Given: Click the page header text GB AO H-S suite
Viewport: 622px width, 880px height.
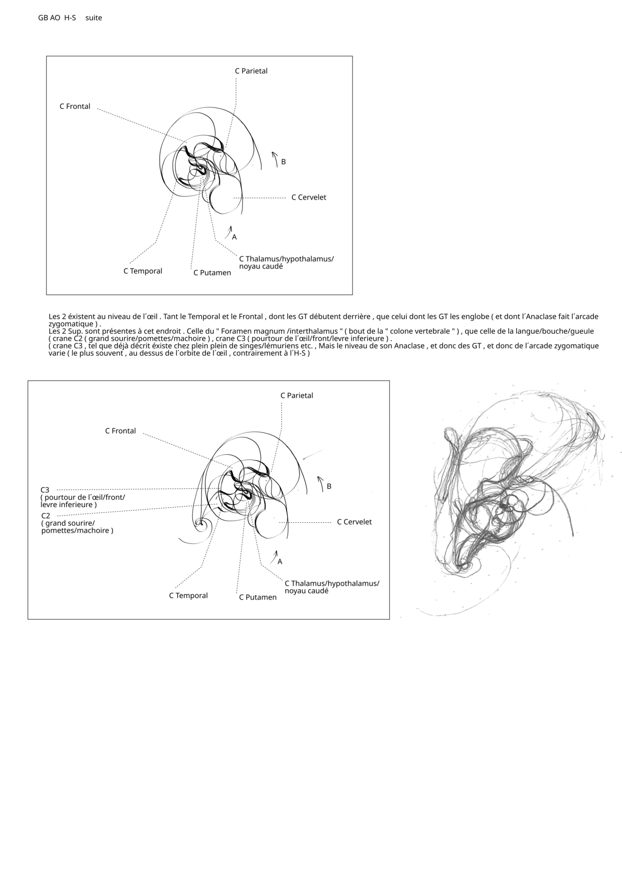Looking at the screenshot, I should coord(70,18).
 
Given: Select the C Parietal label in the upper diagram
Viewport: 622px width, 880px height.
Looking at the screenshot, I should coord(251,71).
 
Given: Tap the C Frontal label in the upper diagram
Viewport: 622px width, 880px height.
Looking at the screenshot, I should coord(75,106).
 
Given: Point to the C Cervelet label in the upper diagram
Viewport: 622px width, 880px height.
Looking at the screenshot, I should coord(308,198).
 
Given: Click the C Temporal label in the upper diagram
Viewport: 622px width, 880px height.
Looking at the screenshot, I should coord(143,271).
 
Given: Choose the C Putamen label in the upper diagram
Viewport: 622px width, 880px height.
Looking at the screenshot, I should coord(212,273).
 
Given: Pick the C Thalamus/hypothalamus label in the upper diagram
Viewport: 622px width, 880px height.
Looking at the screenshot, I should coord(286,259).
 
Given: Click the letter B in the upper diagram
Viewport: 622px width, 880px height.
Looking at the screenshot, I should coord(284,162).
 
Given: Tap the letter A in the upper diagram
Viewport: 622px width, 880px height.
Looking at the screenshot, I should coord(234,237).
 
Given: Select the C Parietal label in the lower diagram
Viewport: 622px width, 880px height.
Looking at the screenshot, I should coord(296,396).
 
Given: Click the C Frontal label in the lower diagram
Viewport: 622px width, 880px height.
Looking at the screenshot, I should coord(120,431).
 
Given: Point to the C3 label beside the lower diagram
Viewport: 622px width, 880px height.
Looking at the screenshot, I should coord(45,490).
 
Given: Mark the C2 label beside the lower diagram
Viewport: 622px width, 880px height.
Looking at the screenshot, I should coord(46,516).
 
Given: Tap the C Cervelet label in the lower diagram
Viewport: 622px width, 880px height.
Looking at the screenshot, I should coord(354,522).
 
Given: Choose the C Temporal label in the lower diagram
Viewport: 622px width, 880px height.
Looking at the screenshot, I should coord(188,596).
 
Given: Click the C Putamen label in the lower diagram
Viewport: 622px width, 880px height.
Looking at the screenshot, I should coord(258,597).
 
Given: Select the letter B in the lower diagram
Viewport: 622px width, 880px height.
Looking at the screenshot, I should coord(329,487).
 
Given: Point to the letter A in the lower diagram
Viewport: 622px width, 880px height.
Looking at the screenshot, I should coord(280,562).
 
